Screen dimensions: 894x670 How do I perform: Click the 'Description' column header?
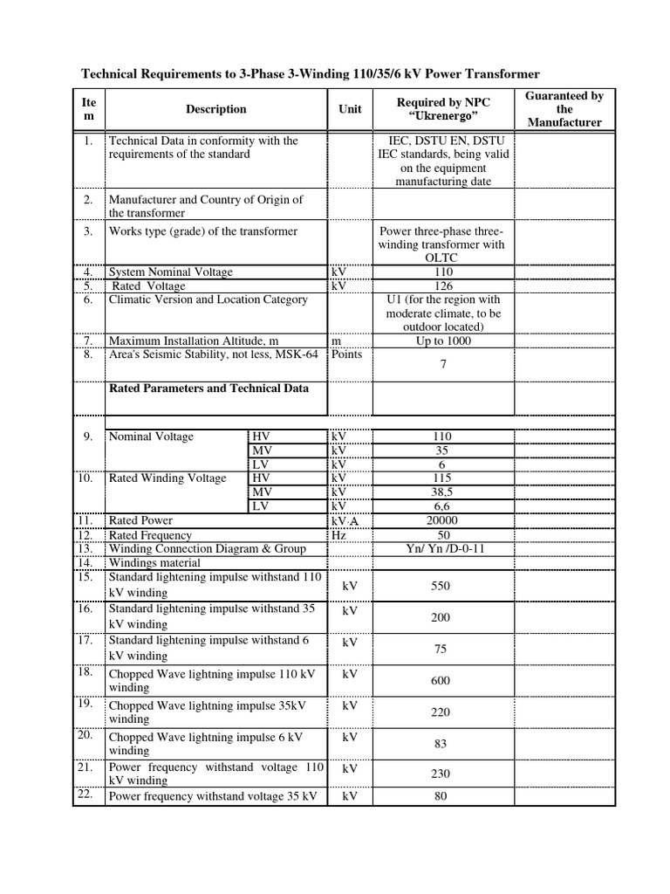coord(215,109)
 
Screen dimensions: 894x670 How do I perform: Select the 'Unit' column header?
coord(349,109)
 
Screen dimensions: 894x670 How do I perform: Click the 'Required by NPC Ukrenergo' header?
coord(443,109)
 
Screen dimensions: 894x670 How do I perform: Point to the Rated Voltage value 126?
coord(443,285)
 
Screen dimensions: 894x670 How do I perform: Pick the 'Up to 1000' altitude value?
coord(443,340)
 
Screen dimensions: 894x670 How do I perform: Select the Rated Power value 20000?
coord(443,520)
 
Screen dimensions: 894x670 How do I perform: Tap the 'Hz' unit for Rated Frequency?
coord(339,534)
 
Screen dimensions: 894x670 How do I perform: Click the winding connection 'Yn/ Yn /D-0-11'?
coord(443,548)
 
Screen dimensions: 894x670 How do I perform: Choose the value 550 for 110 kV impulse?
coord(441,586)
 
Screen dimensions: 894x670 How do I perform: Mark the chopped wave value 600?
coord(441,680)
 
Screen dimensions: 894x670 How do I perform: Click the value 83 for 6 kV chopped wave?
coord(441,744)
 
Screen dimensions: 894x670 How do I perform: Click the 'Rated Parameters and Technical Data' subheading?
coord(208,389)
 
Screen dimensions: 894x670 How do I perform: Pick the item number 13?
coord(85,548)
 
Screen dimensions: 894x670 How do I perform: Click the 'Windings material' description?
coord(154,562)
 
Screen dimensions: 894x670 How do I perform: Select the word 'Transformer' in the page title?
coord(496,75)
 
